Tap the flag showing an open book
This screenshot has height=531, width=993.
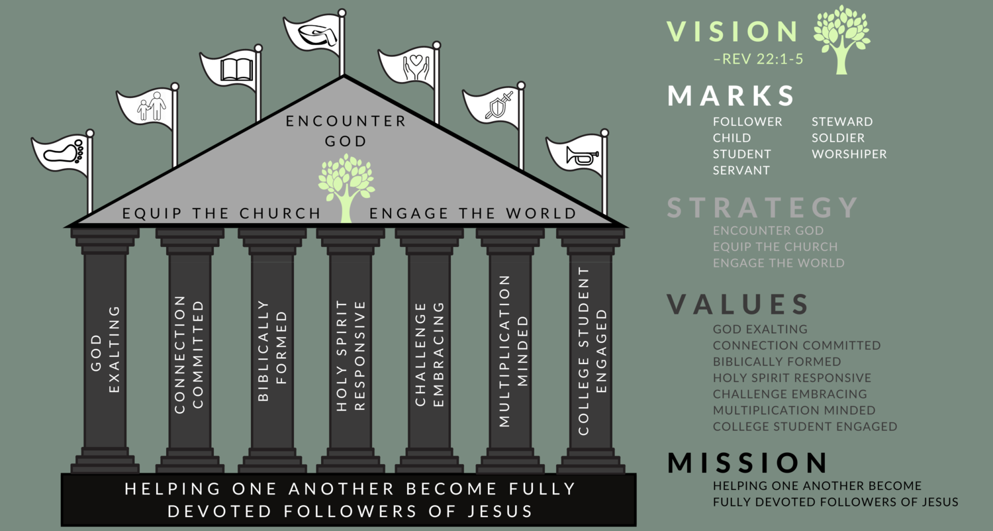click(229, 70)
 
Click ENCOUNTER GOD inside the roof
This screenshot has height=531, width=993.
click(346, 131)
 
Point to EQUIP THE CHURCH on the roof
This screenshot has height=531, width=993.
click(222, 213)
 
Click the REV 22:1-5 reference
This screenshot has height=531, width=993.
click(758, 60)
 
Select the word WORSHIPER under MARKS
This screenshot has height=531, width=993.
click(849, 154)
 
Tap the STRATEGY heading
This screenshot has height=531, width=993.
click(762, 208)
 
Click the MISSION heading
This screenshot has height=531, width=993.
click(747, 463)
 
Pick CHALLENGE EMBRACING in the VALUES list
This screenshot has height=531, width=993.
click(790, 394)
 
